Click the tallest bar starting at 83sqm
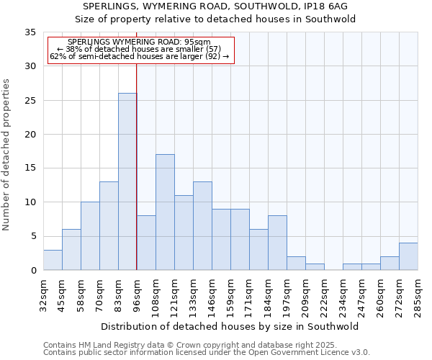pyautogui.click(x=127, y=181)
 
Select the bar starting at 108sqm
pyautogui.click(x=165, y=212)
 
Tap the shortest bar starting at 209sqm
pyautogui.click(x=315, y=266)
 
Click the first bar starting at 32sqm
pyautogui.click(x=53, y=260)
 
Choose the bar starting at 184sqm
pyautogui.click(x=277, y=243)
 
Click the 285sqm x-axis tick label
pyautogui.click(x=418, y=295)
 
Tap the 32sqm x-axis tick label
pyautogui.click(x=44, y=295)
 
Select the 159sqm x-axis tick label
pyautogui.click(x=231, y=295)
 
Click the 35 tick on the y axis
pyautogui.click(x=30, y=32)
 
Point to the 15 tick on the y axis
pyautogui.click(x=30, y=168)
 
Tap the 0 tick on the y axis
pyautogui.click(x=33, y=271)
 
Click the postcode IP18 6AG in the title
pyautogui.click(x=328, y=6)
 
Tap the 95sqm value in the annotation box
pyautogui.click(x=197, y=42)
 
